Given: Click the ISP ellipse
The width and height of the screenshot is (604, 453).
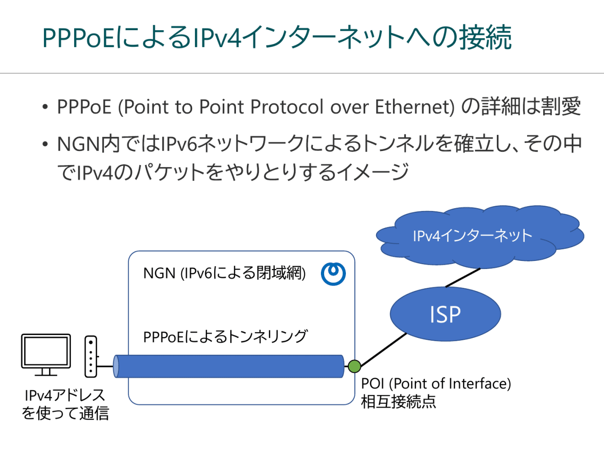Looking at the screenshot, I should click(445, 314).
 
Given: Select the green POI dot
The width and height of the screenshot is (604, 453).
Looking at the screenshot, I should click(354, 366).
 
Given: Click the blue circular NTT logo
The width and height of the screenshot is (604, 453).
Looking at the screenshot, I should click(333, 273).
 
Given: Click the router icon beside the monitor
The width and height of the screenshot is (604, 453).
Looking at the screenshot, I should click(91, 356).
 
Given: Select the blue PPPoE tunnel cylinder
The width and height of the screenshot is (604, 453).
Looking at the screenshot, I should click(229, 367).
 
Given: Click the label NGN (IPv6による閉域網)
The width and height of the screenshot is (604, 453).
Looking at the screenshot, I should click(224, 273).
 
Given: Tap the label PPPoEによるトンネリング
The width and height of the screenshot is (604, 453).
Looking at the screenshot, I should click(225, 336).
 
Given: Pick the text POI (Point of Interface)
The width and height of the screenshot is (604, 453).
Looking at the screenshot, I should click(436, 384).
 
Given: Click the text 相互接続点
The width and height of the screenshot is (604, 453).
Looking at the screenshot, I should click(398, 402).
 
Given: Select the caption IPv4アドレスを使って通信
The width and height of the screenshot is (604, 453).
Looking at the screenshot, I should click(65, 404).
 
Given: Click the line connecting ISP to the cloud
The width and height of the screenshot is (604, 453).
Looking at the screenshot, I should click(463, 277).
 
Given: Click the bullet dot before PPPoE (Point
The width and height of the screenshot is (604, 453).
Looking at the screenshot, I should click(45, 108).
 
